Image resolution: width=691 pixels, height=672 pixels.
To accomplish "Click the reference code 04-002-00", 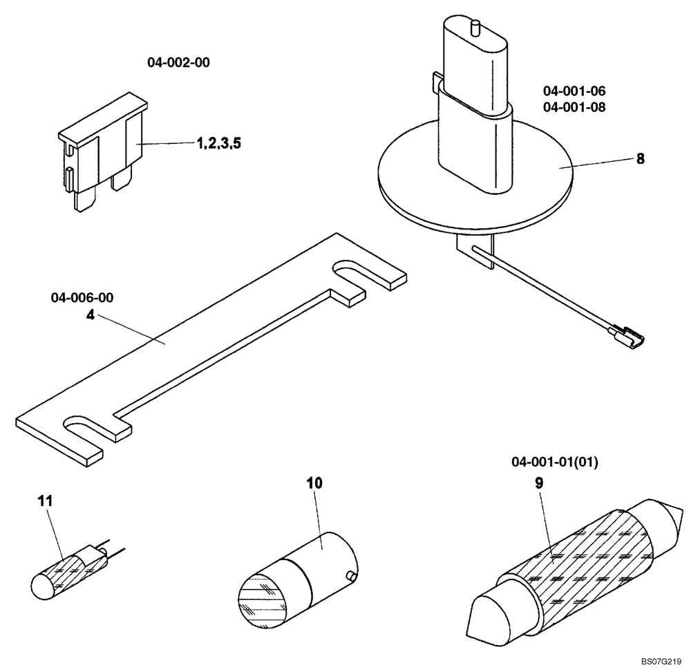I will click(178, 62).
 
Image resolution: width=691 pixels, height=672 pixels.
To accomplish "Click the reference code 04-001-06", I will click(574, 91).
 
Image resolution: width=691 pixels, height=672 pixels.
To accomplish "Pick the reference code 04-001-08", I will click(574, 107).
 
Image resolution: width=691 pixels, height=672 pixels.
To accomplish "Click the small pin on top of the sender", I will click(475, 28).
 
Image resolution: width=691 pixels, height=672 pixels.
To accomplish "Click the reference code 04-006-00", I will click(82, 298).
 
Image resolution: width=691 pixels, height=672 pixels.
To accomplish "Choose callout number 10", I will click(314, 483).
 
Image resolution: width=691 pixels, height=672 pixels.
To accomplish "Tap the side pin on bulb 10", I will click(352, 575).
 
